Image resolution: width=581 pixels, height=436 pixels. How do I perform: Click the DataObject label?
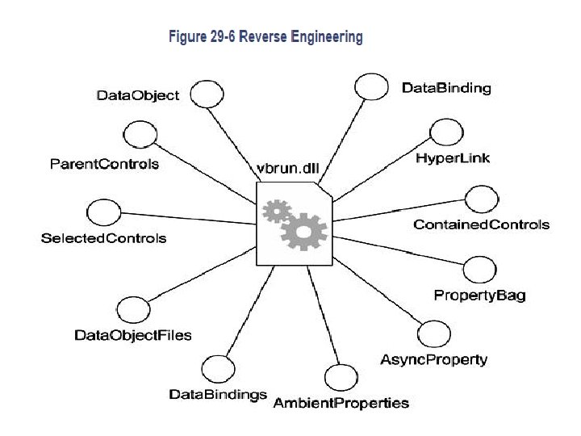pyautogui.click(x=137, y=95)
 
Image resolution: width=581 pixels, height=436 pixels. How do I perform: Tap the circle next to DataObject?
pyautogui.click(x=207, y=94)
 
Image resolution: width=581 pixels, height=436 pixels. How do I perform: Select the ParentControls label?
pyautogui.click(x=104, y=164)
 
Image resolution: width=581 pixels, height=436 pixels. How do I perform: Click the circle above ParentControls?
pyautogui.click(x=139, y=133)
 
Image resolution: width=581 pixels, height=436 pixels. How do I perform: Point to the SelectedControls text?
pyautogui.click(x=103, y=238)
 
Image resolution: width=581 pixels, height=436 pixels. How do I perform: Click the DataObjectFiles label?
pyautogui.click(x=133, y=334)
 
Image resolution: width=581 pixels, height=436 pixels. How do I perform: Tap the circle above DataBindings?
pyautogui.click(x=217, y=368)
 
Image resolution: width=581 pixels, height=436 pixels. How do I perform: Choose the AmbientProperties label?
pyautogui.click(x=341, y=402)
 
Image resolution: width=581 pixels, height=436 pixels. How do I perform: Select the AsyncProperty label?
pyautogui.click(x=434, y=359)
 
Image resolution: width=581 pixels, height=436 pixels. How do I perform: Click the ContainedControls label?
pyautogui.click(x=481, y=224)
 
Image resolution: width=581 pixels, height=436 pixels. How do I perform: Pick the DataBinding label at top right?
pyautogui.click(x=446, y=88)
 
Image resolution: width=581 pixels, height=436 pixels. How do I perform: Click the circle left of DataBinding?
pyautogui.click(x=371, y=86)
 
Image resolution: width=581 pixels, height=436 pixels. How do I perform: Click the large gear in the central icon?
pyautogui.click(x=303, y=232)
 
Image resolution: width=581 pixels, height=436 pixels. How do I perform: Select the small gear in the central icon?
pyautogui.click(x=277, y=212)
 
